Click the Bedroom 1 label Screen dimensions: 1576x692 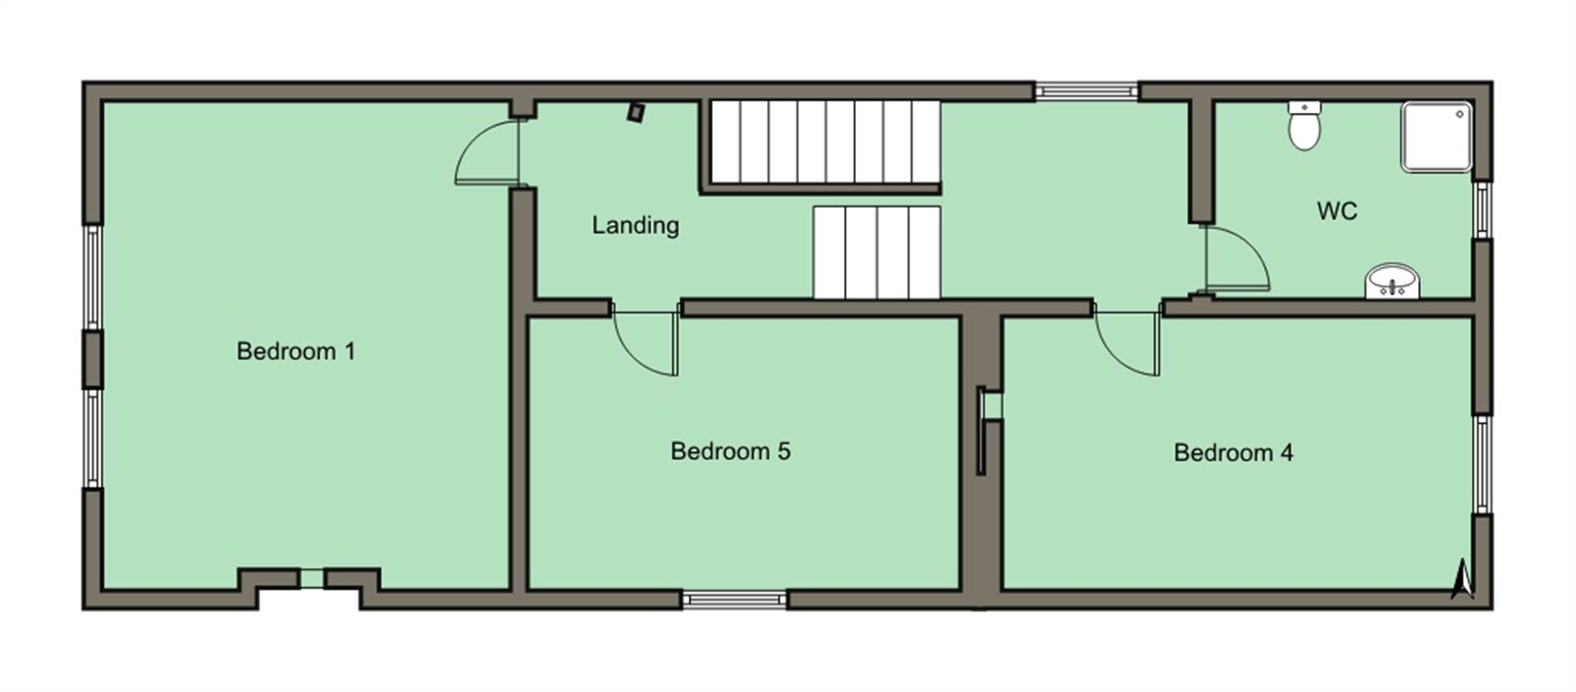(x=295, y=351)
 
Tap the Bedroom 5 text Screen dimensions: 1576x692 (x=730, y=451)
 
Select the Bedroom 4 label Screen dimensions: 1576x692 (x=1233, y=452)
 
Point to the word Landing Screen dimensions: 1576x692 (x=635, y=225)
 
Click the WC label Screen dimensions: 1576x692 (x=1337, y=210)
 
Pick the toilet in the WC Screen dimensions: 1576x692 (x=1304, y=125)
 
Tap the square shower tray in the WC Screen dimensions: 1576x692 (x=1437, y=136)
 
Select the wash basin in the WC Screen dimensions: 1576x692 (x=1392, y=281)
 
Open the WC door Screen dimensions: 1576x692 (x=1237, y=259)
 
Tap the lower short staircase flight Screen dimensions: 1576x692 (x=877, y=252)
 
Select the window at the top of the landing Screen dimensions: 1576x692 (x=1087, y=91)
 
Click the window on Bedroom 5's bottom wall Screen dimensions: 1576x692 (x=734, y=600)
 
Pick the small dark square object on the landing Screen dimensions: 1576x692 (x=636, y=113)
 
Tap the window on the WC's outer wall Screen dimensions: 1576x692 (x=1482, y=210)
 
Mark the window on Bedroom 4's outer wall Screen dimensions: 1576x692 (x=1482, y=463)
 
